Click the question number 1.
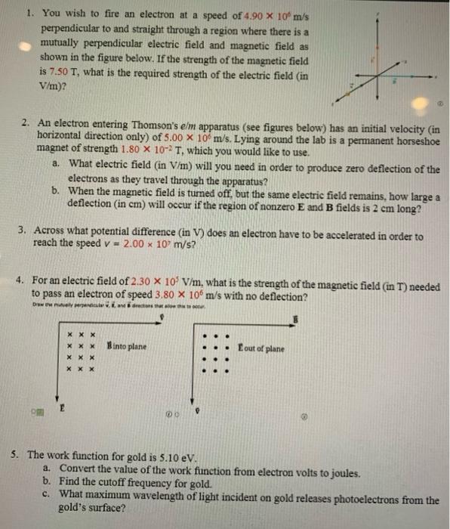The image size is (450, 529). [x=27, y=13]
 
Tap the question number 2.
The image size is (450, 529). [x=26, y=121]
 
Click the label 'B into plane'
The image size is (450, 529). [x=126, y=347]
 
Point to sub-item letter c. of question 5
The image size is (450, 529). [x=48, y=493]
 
